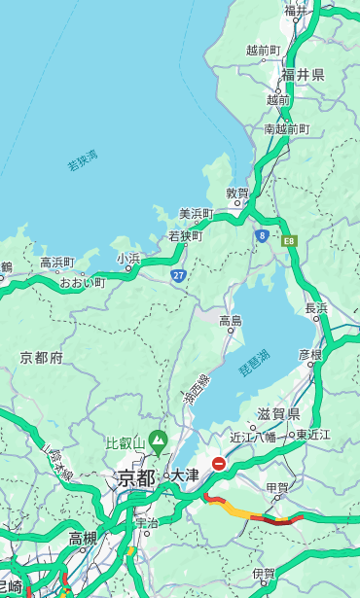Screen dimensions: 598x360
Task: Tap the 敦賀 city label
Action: (237, 193)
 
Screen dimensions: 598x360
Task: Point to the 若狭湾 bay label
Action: (82, 159)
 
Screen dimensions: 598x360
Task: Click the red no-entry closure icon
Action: (220, 465)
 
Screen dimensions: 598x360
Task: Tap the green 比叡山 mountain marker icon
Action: (157, 443)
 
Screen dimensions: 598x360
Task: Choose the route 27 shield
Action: (179, 275)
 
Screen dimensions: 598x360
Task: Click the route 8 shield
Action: (262, 234)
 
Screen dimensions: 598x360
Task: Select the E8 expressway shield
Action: (289, 239)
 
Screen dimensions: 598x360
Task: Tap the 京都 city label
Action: (136, 476)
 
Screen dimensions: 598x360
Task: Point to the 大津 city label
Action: (184, 475)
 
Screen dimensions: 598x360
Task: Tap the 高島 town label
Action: (231, 320)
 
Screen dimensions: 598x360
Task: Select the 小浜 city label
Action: (128, 258)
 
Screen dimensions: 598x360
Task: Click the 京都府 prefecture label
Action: (41, 358)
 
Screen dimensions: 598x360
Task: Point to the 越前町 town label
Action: (263, 50)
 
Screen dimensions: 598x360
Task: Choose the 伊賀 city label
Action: (263, 574)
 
